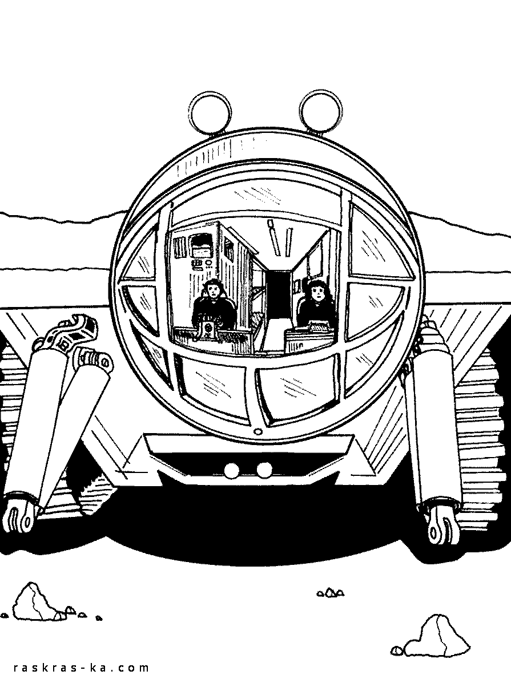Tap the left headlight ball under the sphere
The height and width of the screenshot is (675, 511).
coord(233,469)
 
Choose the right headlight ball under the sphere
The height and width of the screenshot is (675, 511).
coord(264,469)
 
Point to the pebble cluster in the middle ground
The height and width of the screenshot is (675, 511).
coord(331,593)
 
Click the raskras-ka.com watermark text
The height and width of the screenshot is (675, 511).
coord(81,667)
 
